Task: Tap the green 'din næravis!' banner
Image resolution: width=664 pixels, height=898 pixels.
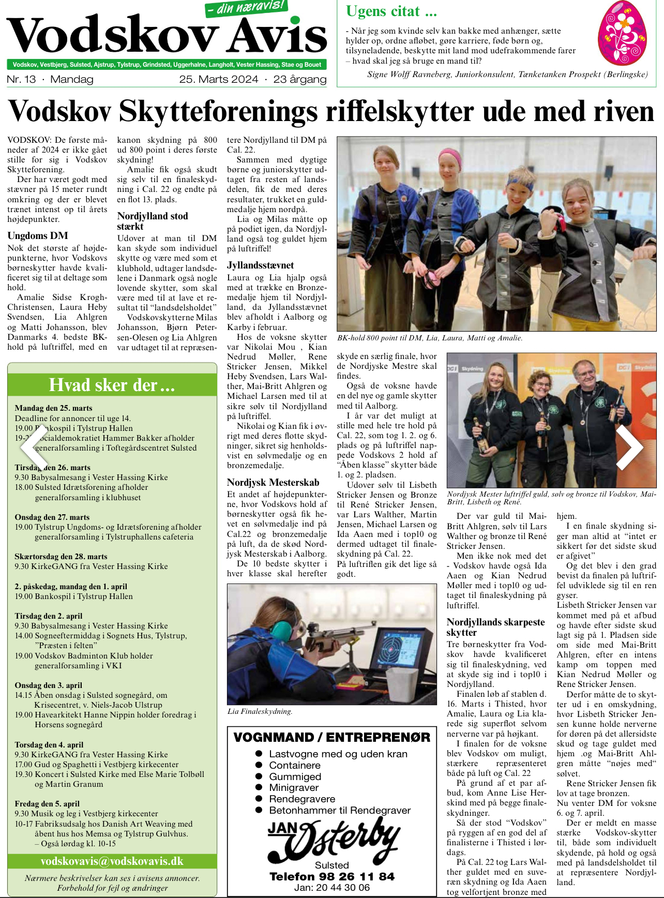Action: click(247, 7)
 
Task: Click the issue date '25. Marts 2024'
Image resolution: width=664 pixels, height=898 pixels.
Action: click(218, 79)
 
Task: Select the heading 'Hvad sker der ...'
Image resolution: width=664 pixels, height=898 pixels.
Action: click(112, 385)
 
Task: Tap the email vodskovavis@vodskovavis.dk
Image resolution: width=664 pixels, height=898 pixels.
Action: click(112, 861)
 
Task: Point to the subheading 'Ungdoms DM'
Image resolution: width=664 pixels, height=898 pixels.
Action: click(38, 236)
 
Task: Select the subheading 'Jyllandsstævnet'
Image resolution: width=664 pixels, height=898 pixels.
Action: click(260, 265)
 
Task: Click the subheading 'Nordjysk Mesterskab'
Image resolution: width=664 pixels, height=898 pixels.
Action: click(273, 483)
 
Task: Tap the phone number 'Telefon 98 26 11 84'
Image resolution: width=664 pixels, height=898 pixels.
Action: click(332, 876)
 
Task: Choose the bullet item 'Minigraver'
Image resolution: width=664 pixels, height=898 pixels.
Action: click(294, 788)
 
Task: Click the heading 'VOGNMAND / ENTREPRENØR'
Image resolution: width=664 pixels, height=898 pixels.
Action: click(332, 737)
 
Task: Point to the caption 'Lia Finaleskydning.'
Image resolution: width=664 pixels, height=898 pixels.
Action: click(260, 711)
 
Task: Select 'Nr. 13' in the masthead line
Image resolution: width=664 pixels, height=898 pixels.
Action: click(22, 79)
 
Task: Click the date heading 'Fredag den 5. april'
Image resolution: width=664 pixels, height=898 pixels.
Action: click(47, 804)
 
